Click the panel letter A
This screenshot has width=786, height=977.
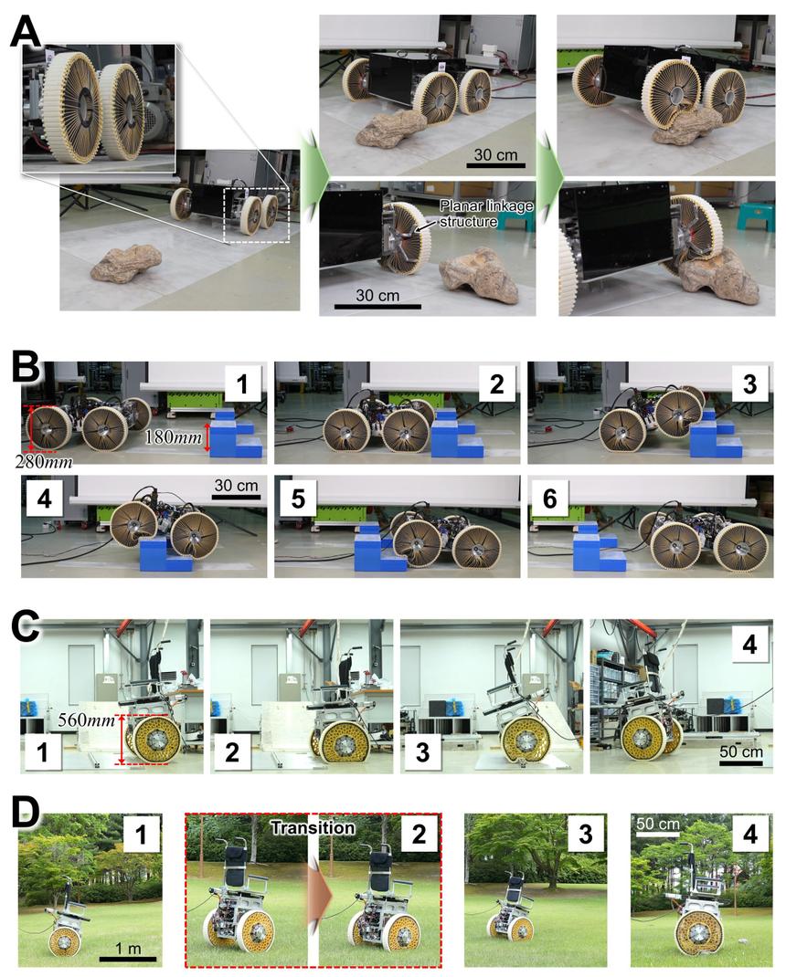click(27, 31)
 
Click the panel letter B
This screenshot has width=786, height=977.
click(26, 369)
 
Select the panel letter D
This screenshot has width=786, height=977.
click(26, 814)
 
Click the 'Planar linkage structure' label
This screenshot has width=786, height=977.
click(486, 214)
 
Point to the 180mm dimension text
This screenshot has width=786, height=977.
click(173, 437)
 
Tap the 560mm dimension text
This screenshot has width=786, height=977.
click(87, 720)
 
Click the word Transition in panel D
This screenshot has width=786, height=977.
click(313, 827)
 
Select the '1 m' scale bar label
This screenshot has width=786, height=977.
click(127, 949)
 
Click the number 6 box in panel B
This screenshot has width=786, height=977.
click(549, 499)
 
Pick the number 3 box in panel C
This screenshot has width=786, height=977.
click(422, 752)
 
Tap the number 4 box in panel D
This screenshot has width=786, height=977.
click(750, 833)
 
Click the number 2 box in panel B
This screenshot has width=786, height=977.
click(496, 383)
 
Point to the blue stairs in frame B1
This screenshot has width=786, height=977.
click(236, 434)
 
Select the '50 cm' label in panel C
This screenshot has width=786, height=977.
click(740, 751)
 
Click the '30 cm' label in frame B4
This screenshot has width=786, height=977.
click(236, 486)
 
